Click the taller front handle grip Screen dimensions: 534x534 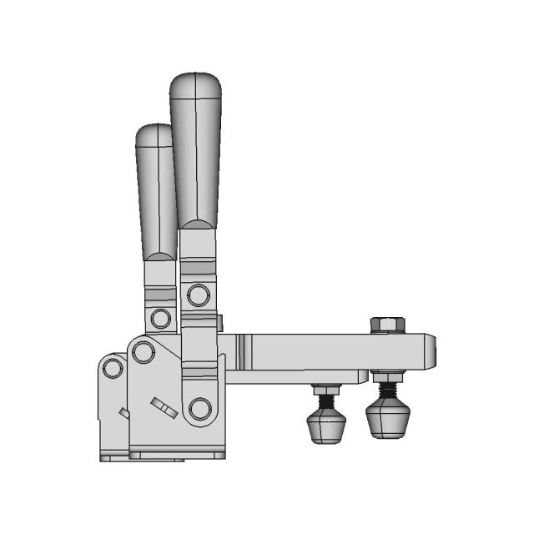click(195, 150)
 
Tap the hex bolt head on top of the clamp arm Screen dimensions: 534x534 click(387, 324)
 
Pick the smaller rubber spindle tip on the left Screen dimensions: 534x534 click(326, 424)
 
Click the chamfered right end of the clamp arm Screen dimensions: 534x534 click(431, 350)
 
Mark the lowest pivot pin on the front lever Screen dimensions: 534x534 click(199, 408)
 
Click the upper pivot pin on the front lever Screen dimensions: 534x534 click(199, 295)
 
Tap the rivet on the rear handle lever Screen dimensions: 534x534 click(159, 318)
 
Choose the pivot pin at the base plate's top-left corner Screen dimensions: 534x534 click(143, 352)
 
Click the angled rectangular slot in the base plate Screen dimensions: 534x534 click(164, 408)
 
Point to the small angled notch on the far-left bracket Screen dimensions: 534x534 click(123, 412)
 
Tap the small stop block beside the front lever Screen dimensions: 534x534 click(221, 322)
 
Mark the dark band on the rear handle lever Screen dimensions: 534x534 click(160, 295)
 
